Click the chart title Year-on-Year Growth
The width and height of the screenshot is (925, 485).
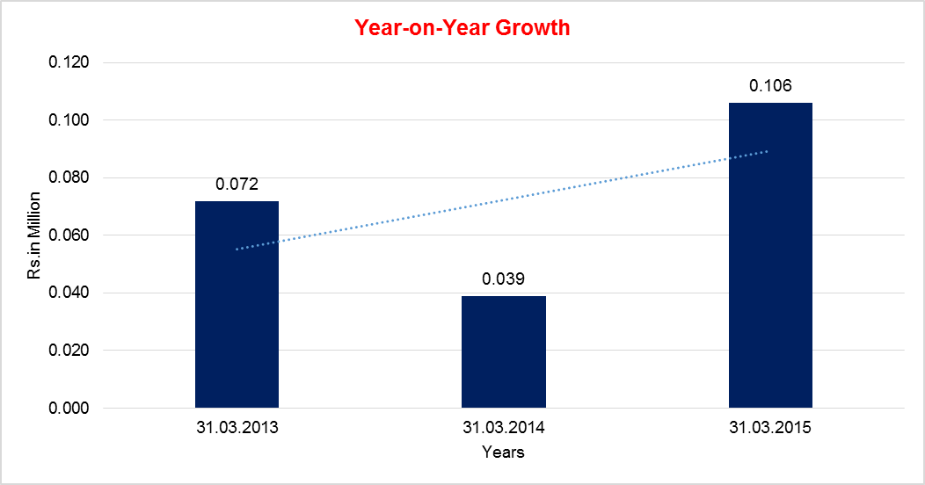pyautogui.click(x=462, y=27)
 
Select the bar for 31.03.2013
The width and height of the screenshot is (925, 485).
pyautogui.click(x=237, y=305)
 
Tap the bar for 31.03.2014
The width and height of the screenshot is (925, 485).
pyautogui.click(x=504, y=352)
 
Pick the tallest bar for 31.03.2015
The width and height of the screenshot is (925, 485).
pyautogui.click(x=770, y=256)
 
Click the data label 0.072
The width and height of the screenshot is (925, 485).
pyautogui.click(x=237, y=185)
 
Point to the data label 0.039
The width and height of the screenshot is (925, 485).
pyautogui.click(x=504, y=279)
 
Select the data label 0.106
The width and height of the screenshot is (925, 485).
pyautogui.click(x=770, y=86)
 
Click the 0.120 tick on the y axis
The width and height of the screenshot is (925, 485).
pyautogui.click(x=70, y=63)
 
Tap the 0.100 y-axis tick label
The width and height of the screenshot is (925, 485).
pyautogui.click(x=70, y=120)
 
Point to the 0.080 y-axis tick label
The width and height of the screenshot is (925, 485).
pyautogui.click(x=70, y=178)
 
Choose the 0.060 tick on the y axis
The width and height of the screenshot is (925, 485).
pyautogui.click(x=70, y=235)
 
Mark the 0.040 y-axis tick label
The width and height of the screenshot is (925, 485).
pyautogui.click(x=70, y=293)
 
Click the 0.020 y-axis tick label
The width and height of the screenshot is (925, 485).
pyautogui.click(x=70, y=351)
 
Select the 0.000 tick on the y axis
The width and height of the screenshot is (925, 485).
pyautogui.click(x=70, y=409)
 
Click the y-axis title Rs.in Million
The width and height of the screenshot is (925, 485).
pyautogui.click(x=33, y=235)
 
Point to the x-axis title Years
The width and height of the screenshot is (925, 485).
pyautogui.click(x=504, y=452)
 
